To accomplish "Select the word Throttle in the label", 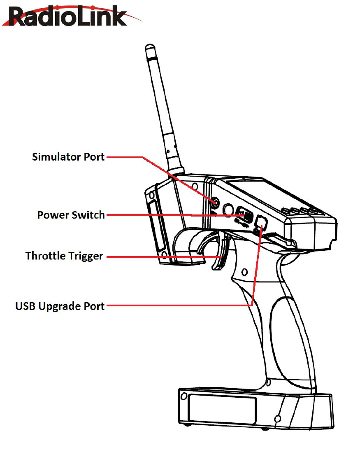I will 45,256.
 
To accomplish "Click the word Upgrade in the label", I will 60,307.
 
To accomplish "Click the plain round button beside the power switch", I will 228,210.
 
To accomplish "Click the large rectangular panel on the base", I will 222,410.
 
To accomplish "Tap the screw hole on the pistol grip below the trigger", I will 244,272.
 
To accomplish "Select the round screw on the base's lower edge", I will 277,419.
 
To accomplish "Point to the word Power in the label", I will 53,215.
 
